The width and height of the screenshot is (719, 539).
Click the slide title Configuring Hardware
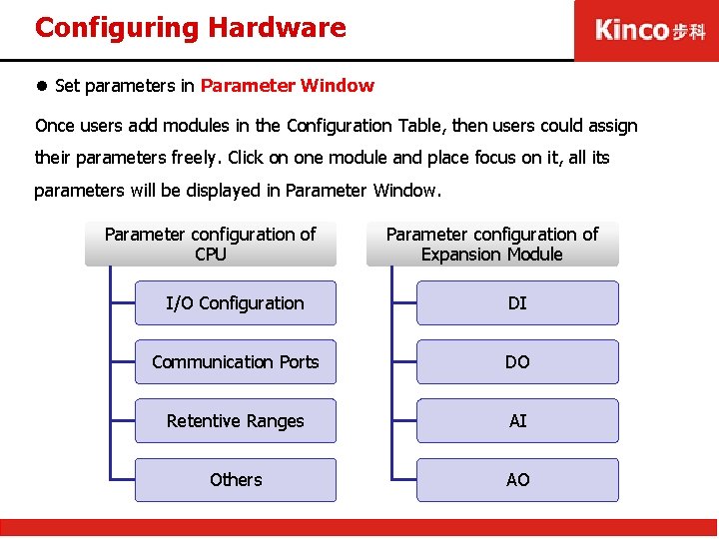(190, 27)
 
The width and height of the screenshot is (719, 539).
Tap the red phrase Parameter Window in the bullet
(288, 86)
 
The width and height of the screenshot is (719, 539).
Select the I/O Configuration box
(236, 303)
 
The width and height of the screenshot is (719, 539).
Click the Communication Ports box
(236, 362)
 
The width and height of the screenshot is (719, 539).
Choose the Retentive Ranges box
(236, 421)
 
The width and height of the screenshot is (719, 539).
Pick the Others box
(236, 480)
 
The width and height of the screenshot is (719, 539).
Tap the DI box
(517, 303)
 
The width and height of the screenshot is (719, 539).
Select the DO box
(517, 362)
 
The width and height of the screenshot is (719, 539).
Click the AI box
(517, 421)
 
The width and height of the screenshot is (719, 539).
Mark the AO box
(517, 480)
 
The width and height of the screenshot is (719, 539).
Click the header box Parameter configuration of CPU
(211, 245)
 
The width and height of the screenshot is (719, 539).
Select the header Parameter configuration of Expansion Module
(492, 245)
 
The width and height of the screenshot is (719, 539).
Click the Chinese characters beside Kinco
(689, 31)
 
